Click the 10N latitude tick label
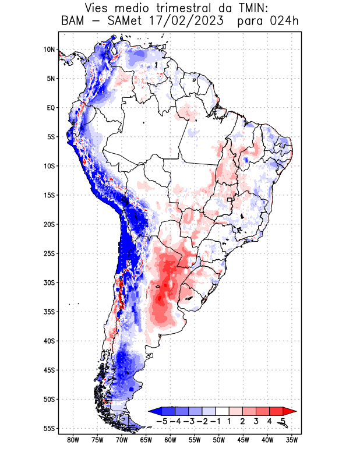[49, 50]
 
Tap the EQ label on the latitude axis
[51, 108]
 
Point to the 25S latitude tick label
[49, 253]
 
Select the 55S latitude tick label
[49, 428]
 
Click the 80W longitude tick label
[73, 440]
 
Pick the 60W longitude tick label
[170, 440]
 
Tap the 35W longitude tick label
[292, 440]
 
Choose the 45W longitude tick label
[243, 440]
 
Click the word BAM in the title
[74, 22]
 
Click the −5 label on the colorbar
[163, 421]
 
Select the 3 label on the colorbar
[257, 421]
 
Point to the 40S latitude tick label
[49, 341]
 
